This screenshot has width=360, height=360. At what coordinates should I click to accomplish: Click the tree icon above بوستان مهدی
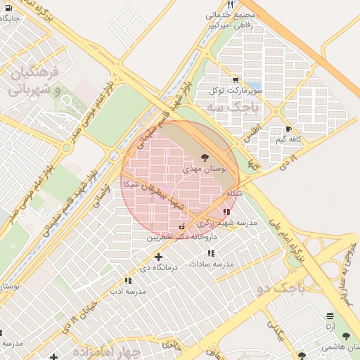point(205,157)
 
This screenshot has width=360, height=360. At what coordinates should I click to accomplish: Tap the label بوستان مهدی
point(202,169)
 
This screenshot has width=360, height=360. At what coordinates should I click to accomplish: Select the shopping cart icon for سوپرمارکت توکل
point(235,79)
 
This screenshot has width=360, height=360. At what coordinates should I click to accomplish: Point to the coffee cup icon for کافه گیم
point(289,129)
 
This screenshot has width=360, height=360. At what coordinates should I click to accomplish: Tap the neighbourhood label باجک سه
point(233,107)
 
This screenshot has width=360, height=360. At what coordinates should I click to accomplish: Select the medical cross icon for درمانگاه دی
point(158,257)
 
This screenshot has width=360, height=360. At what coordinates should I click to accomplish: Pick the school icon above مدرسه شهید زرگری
point(226,212)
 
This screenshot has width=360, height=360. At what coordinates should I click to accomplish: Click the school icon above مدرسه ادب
point(128,281)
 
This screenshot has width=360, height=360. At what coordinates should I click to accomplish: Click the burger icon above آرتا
point(330,316)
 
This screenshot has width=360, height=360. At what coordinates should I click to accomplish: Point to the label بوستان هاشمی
point(340,347)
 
